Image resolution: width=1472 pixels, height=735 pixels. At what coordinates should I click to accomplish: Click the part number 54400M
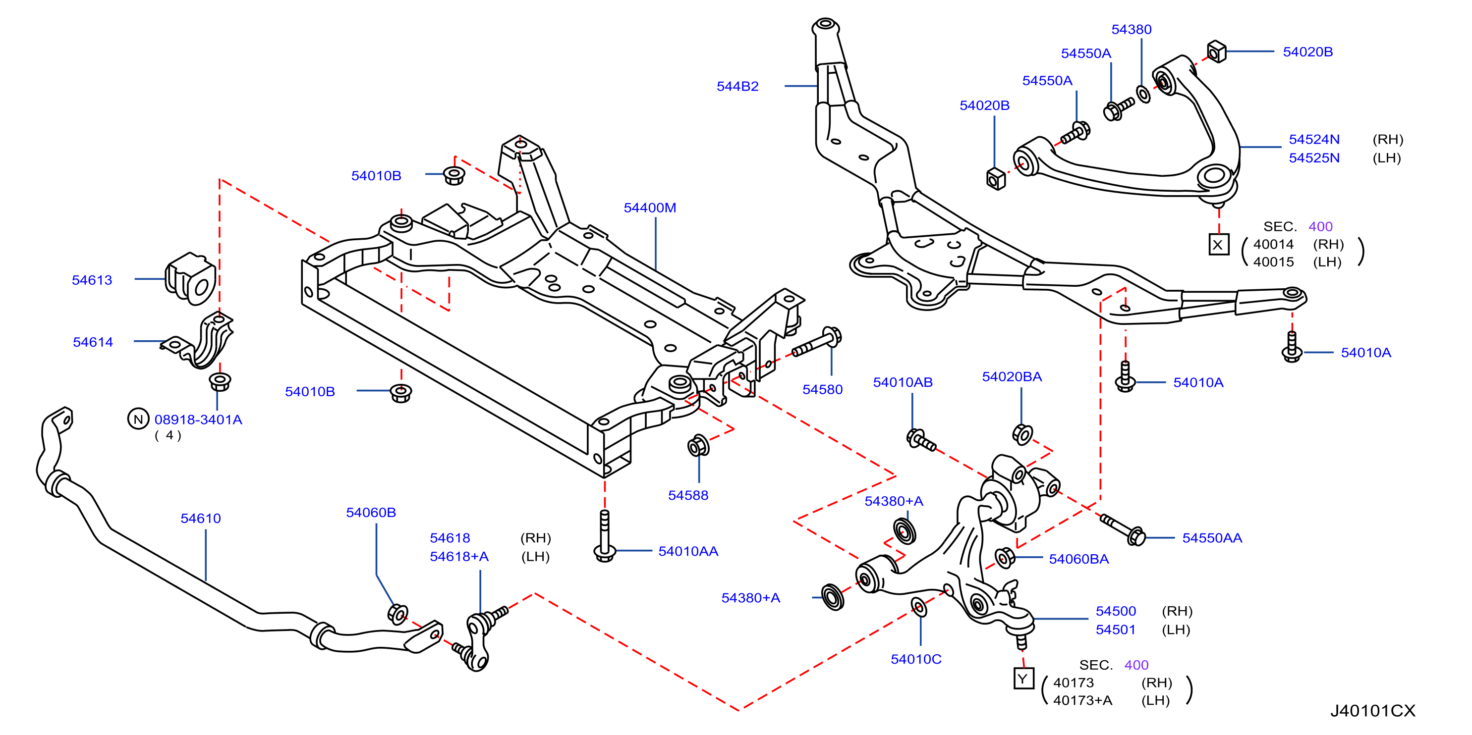pyautogui.click(x=650, y=208)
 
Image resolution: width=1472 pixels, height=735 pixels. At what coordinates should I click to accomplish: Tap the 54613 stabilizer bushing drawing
pyautogui.click(x=191, y=279)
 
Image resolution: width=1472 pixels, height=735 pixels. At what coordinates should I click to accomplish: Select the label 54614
pyautogui.click(x=93, y=342)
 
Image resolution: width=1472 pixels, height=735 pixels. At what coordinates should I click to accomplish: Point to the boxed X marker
pyautogui.click(x=1218, y=245)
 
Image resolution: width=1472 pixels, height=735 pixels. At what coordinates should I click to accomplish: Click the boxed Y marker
pyautogui.click(x=1023, y=679)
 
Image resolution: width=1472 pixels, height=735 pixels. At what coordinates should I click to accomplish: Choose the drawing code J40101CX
pyautogui.click(x=1372, y=710)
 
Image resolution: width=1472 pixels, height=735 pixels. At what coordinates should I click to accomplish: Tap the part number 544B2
pyautogui.click(x=737, y=86)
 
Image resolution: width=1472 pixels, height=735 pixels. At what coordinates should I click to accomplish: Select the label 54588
pyautogui.click(x=688, y=495)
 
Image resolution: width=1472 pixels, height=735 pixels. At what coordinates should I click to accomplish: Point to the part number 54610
pyautogui.click(x=201, y=519)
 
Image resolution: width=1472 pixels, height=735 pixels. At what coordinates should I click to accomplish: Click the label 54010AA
pyautogui.click(x=688, y=551)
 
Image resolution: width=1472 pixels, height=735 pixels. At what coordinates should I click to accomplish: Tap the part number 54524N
pyautogui.click(x=1314, y=139)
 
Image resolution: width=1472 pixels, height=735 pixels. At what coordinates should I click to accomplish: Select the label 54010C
pyautogui.click(x=916, y=659)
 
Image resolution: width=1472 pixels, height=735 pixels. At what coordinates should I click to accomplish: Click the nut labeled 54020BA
pyautogui.click(x=1022, y=434)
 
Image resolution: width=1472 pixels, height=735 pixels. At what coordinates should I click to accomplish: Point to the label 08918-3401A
pyautogui.click(x=198, y=420)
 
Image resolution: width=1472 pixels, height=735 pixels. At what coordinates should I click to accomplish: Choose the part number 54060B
pyautogui.click(x=371, y=512)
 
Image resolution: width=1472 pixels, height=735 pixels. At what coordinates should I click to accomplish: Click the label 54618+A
pyautogui.click(x=459, y=556)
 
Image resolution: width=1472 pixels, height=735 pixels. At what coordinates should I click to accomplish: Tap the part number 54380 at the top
pyautogui.click(x=1132, y=30)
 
